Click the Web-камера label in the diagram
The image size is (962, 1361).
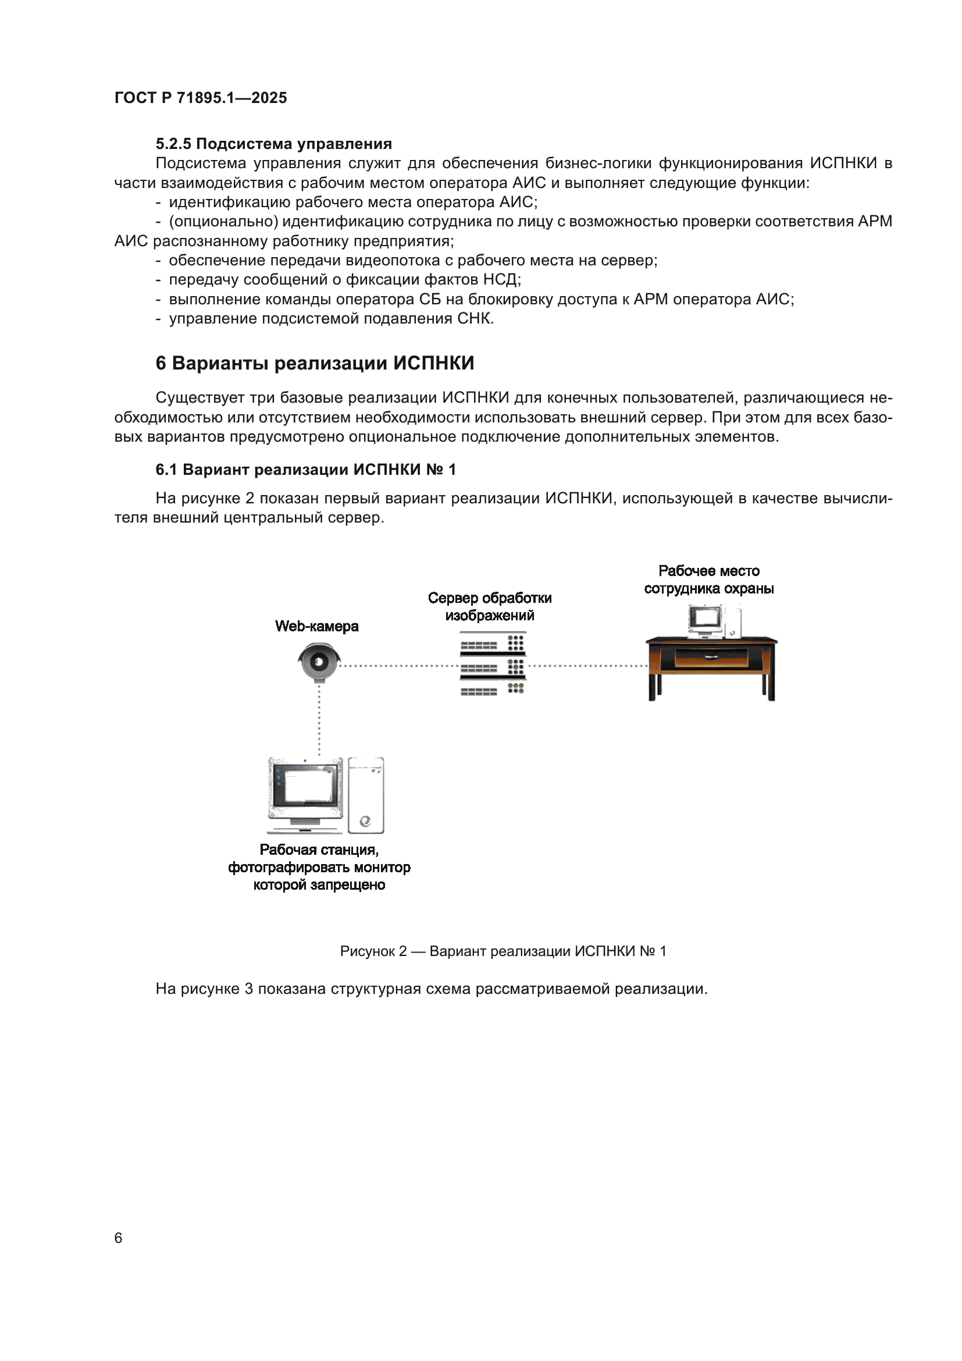pyautogui.click(x=316, y=626)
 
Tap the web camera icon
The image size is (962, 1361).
pyautogui.click(x=319, y=662)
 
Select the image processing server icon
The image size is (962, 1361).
pyautogui.click(x=492, y=663)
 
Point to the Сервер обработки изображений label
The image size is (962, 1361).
pyautogui.click(x=489, y=606)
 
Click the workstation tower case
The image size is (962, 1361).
pyautogui.click(x=365, y=795)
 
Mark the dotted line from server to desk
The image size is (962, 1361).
pyautogui.click(x=586, y=666)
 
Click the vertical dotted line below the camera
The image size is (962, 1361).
pyautogui.click(x=319, y=720)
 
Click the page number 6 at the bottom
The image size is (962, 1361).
pyautogui.click(x=119, y=1238)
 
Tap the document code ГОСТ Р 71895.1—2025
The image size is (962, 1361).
pyautogui.click(x=200, y=98)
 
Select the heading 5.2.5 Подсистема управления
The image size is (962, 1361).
pyautogui.click(x=273, y=144)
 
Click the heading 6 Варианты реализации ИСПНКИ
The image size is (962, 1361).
pyautogui.click(x=315, y=363)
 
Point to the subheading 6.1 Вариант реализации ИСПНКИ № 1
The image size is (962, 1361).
pyautogui.click(x=306, y=470)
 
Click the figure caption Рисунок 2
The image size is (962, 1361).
pyautogui.click(x=503, y=951)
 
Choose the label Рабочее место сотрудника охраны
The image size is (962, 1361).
pyautogui.click(x=708, y=580)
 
